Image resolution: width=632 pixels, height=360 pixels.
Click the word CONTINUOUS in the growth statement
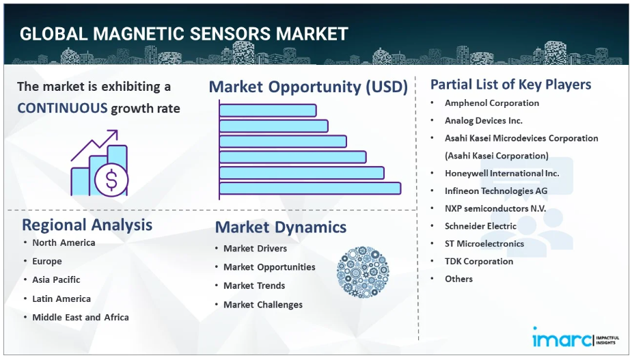[x=62, y=108]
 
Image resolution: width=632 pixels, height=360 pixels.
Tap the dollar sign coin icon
[x=111, y=180]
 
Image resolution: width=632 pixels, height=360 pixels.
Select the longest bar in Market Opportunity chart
[x=310, y=189]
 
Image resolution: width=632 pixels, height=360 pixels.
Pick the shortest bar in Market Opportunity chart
[x=268, y=111]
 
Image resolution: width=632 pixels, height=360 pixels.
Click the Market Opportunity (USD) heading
[x=308, y=87]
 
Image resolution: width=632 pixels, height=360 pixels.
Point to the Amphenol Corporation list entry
[x=492, y=103]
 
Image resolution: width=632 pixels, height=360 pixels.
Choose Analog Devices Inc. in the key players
[x=483, y=120]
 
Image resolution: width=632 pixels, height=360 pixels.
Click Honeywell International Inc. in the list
[x=502, y=174]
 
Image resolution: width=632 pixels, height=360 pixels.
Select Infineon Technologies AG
[x=496, y=191]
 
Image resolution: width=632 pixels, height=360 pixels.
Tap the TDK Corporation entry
[x=479, y=261]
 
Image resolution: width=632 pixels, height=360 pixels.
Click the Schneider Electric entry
[x=480, y=226]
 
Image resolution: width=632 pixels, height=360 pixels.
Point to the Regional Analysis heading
[x=87, y=225]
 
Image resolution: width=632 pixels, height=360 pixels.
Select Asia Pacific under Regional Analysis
[x=56, y=280]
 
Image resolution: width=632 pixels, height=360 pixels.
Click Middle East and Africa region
[x=81, y=317]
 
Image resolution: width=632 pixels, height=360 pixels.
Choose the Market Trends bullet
[x=254, y=286]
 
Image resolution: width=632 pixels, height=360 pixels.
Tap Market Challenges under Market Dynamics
[x=263, y=305]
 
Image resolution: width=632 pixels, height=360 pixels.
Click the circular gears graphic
[x=363, y=272]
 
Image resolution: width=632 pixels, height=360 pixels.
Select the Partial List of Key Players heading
[x=510, y=85]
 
